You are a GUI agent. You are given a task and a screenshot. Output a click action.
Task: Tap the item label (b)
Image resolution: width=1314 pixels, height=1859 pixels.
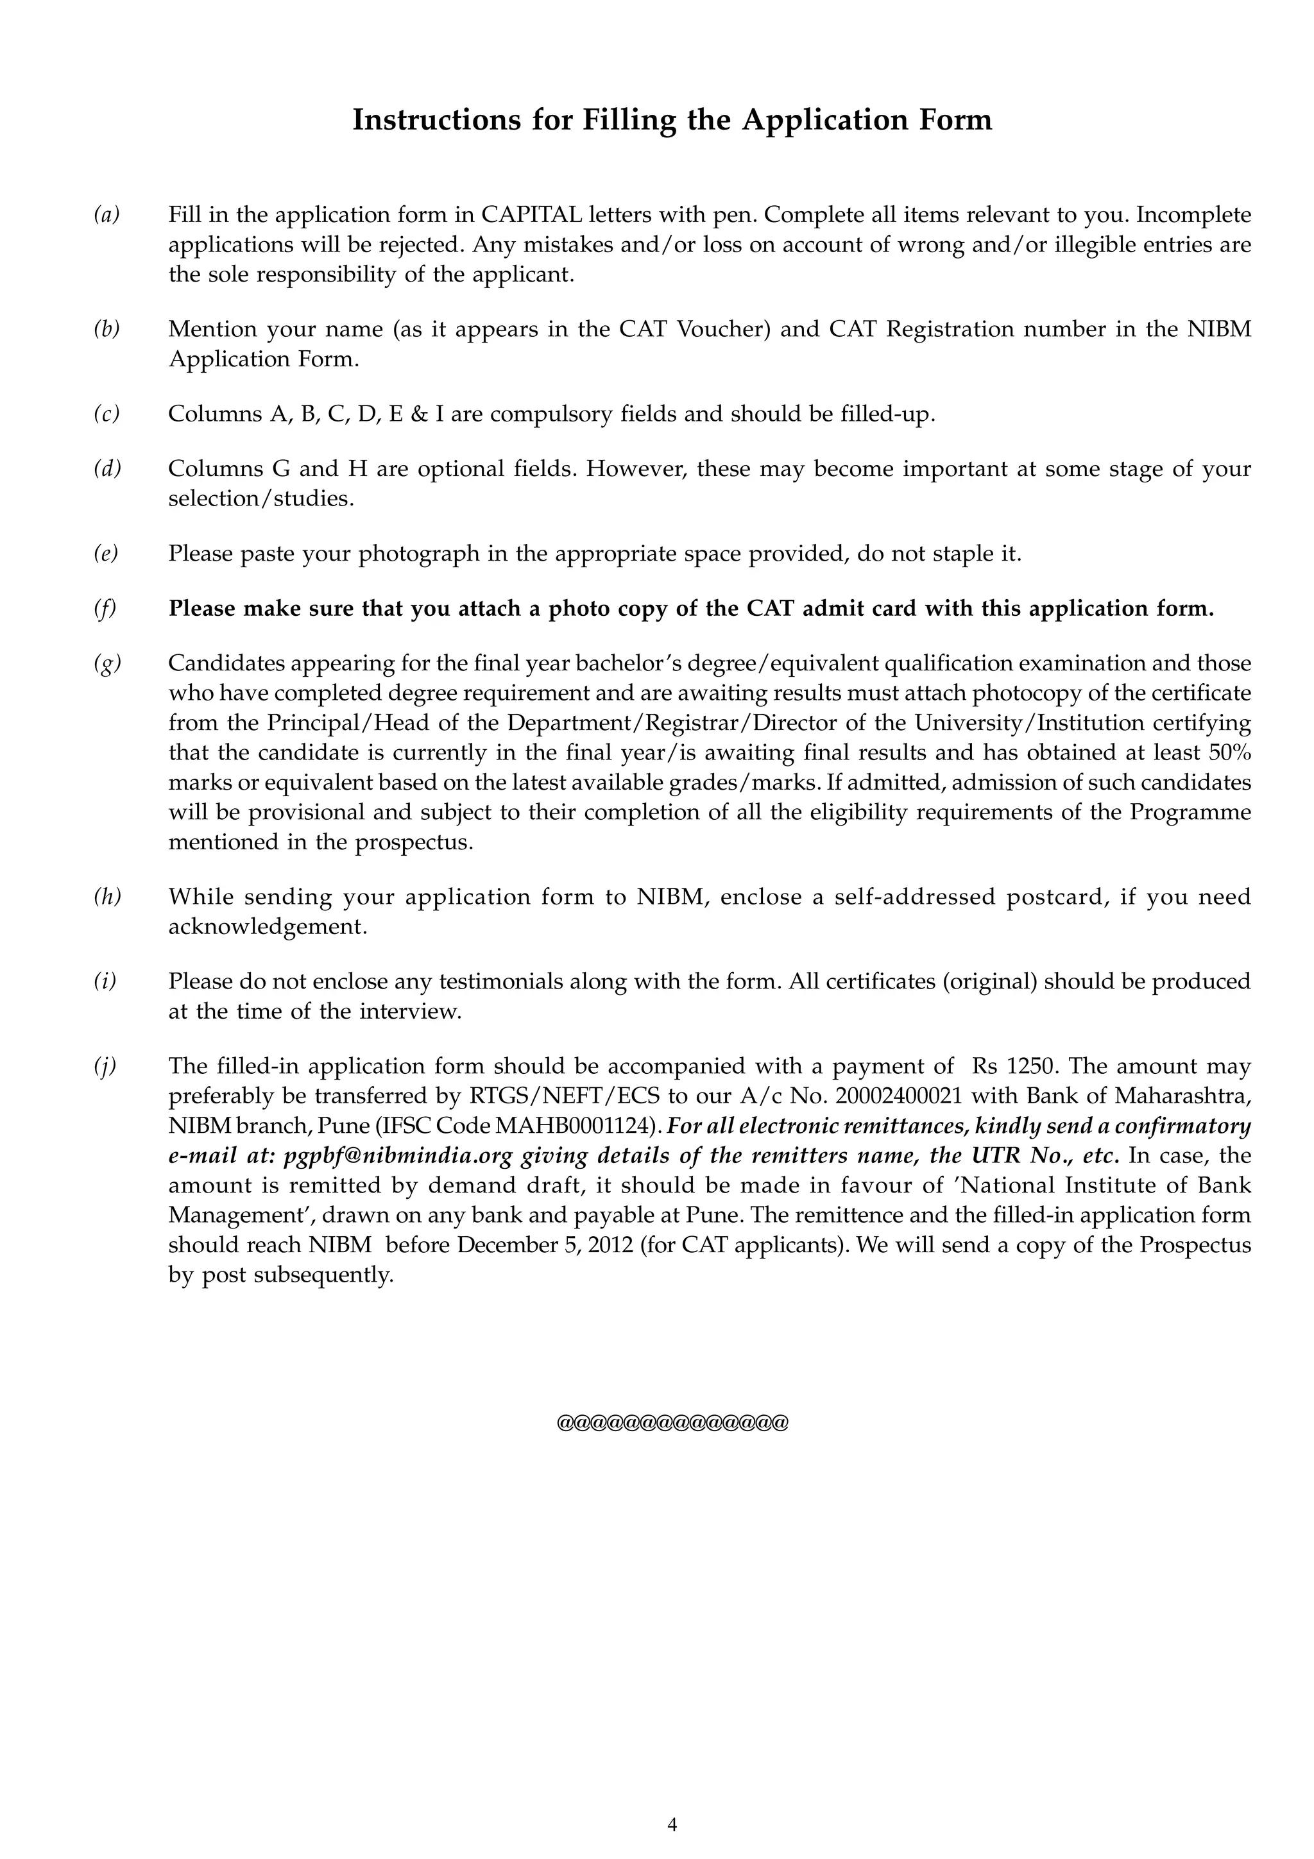[x=106, y=328]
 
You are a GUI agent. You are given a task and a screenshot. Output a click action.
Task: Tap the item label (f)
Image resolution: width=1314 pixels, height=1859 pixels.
[x=105, y=609]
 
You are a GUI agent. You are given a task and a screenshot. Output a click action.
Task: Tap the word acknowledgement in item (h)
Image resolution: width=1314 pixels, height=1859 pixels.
[x=267, y=927]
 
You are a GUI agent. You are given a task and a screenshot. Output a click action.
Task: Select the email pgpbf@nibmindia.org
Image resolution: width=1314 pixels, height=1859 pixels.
[x=399, y=1156]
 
